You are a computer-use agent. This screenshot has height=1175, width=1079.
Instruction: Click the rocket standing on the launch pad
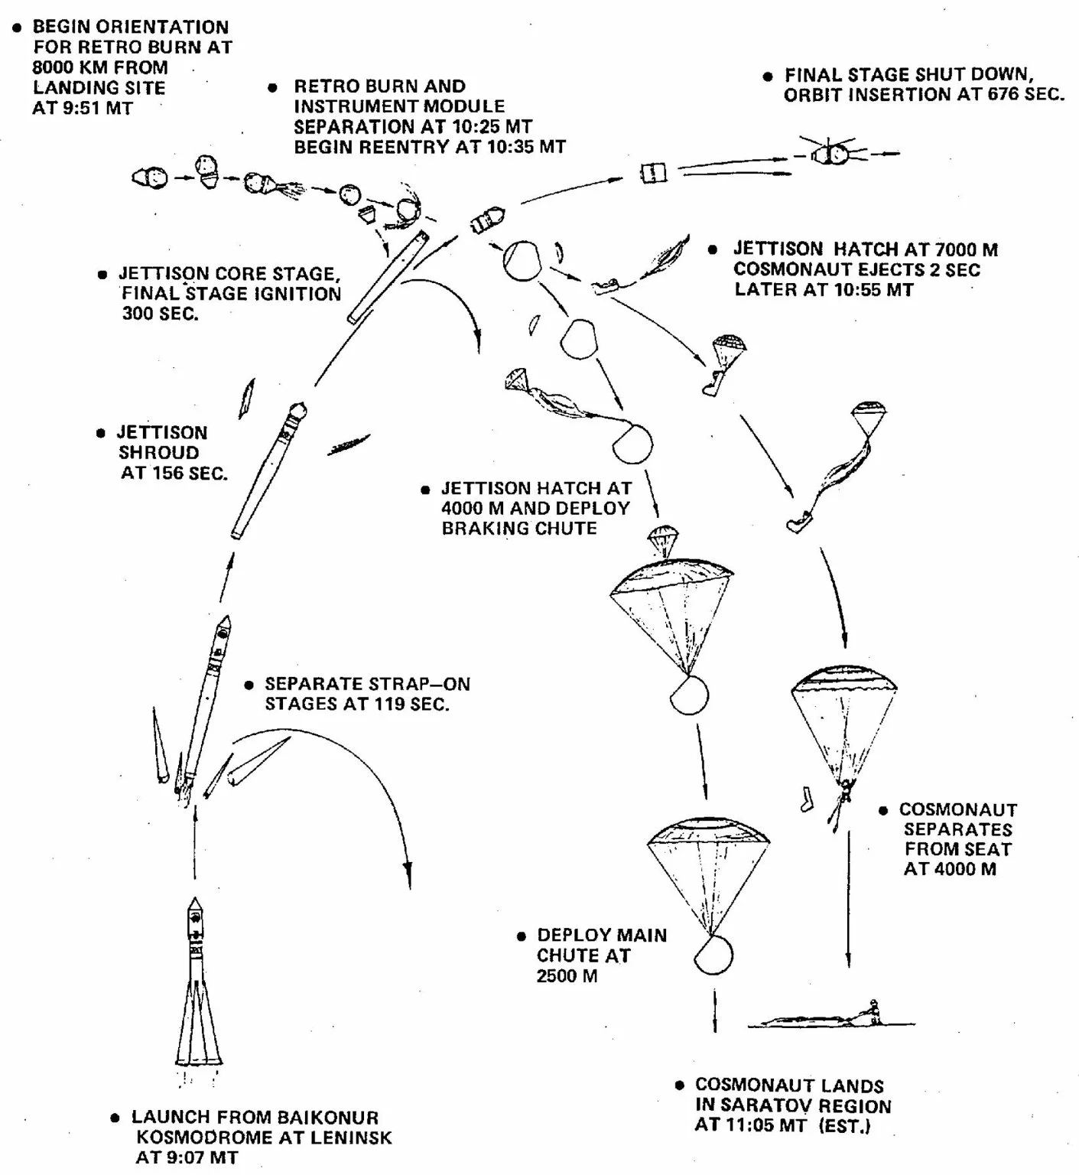point(197,987)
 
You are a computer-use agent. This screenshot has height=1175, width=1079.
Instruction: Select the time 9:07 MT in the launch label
point(187,1157)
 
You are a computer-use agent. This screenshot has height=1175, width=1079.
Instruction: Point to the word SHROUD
point(158,453)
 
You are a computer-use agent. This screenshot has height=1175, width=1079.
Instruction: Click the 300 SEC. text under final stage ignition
point(160,314)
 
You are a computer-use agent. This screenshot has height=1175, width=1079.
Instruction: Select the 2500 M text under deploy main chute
point(567,975)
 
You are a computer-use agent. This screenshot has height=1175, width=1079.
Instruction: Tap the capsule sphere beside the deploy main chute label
point(713,955)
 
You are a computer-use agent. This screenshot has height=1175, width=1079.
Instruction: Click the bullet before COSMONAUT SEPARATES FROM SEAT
point(883,810)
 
